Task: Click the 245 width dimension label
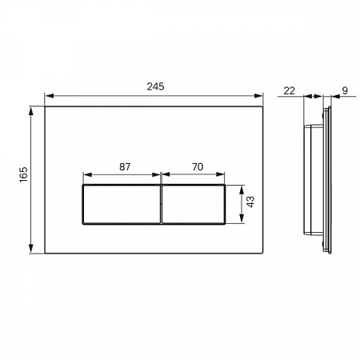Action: pos(155,86)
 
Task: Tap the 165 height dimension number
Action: pos(23,174)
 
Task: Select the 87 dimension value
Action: pos(125,166)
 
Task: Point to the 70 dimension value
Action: pos(198,166)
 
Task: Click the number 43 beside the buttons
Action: pos(250,202)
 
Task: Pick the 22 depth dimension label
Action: pos(290,90)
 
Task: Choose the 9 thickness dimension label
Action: pos(345,90)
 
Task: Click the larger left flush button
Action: pos(122,204)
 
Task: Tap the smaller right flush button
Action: pos(194,204)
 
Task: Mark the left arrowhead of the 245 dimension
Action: pos(50,96)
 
